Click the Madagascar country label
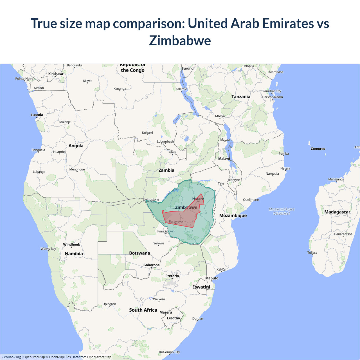click(337, 212)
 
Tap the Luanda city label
click(37, 115)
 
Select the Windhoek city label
click(71, 244)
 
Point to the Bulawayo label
click(175, 222)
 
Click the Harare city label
click(198, 199)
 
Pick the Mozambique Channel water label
click(282, 211)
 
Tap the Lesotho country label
click(173, 318)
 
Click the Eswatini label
click(201, 287)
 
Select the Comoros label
click(318, 149)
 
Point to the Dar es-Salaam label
click(273, 97)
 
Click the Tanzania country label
click(241, 96)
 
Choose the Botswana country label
click(139, 253)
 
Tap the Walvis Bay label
click(48, 249)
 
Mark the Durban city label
click(197, 319)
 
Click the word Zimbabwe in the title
click(180, 40)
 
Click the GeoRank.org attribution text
click(11, 357)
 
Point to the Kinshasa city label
click(55, 74)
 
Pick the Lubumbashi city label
click(166, 141)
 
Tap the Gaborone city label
click(151, 265)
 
